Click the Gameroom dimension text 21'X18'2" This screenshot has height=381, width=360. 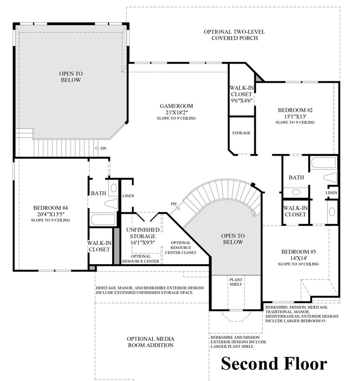click(175, 112)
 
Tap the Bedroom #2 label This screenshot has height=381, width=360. click(295, 110)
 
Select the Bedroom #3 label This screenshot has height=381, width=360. click(298, 252)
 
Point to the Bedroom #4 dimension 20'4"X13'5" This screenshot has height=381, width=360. click(51, 214)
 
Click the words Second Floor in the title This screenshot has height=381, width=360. click(274, 363)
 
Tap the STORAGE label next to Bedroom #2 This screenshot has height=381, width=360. click(241, 133)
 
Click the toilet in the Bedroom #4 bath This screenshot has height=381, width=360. click(111, 203)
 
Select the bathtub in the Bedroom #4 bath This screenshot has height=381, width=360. click(103, 219)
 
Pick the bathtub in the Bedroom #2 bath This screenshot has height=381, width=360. click(324, 164)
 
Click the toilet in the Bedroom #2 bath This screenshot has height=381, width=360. click(331, 178)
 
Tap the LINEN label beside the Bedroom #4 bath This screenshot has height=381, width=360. click(128, 196)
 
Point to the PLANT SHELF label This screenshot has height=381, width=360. click(235, 282)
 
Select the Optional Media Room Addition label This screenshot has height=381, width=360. click(150, 342)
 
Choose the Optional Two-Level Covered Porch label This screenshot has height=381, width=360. click(234, 35)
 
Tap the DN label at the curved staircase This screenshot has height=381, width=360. click(173, 204)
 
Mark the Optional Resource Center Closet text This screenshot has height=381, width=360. click(180, 248)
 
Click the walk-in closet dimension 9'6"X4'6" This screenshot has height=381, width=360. click(241, 100)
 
